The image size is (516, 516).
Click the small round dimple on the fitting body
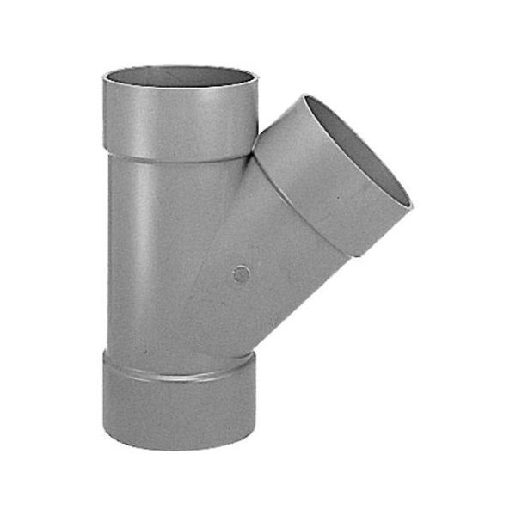(x=242, y=274)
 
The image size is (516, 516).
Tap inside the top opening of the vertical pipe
(x=180, y=76)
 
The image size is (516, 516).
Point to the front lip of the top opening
(x=180, y=87)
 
